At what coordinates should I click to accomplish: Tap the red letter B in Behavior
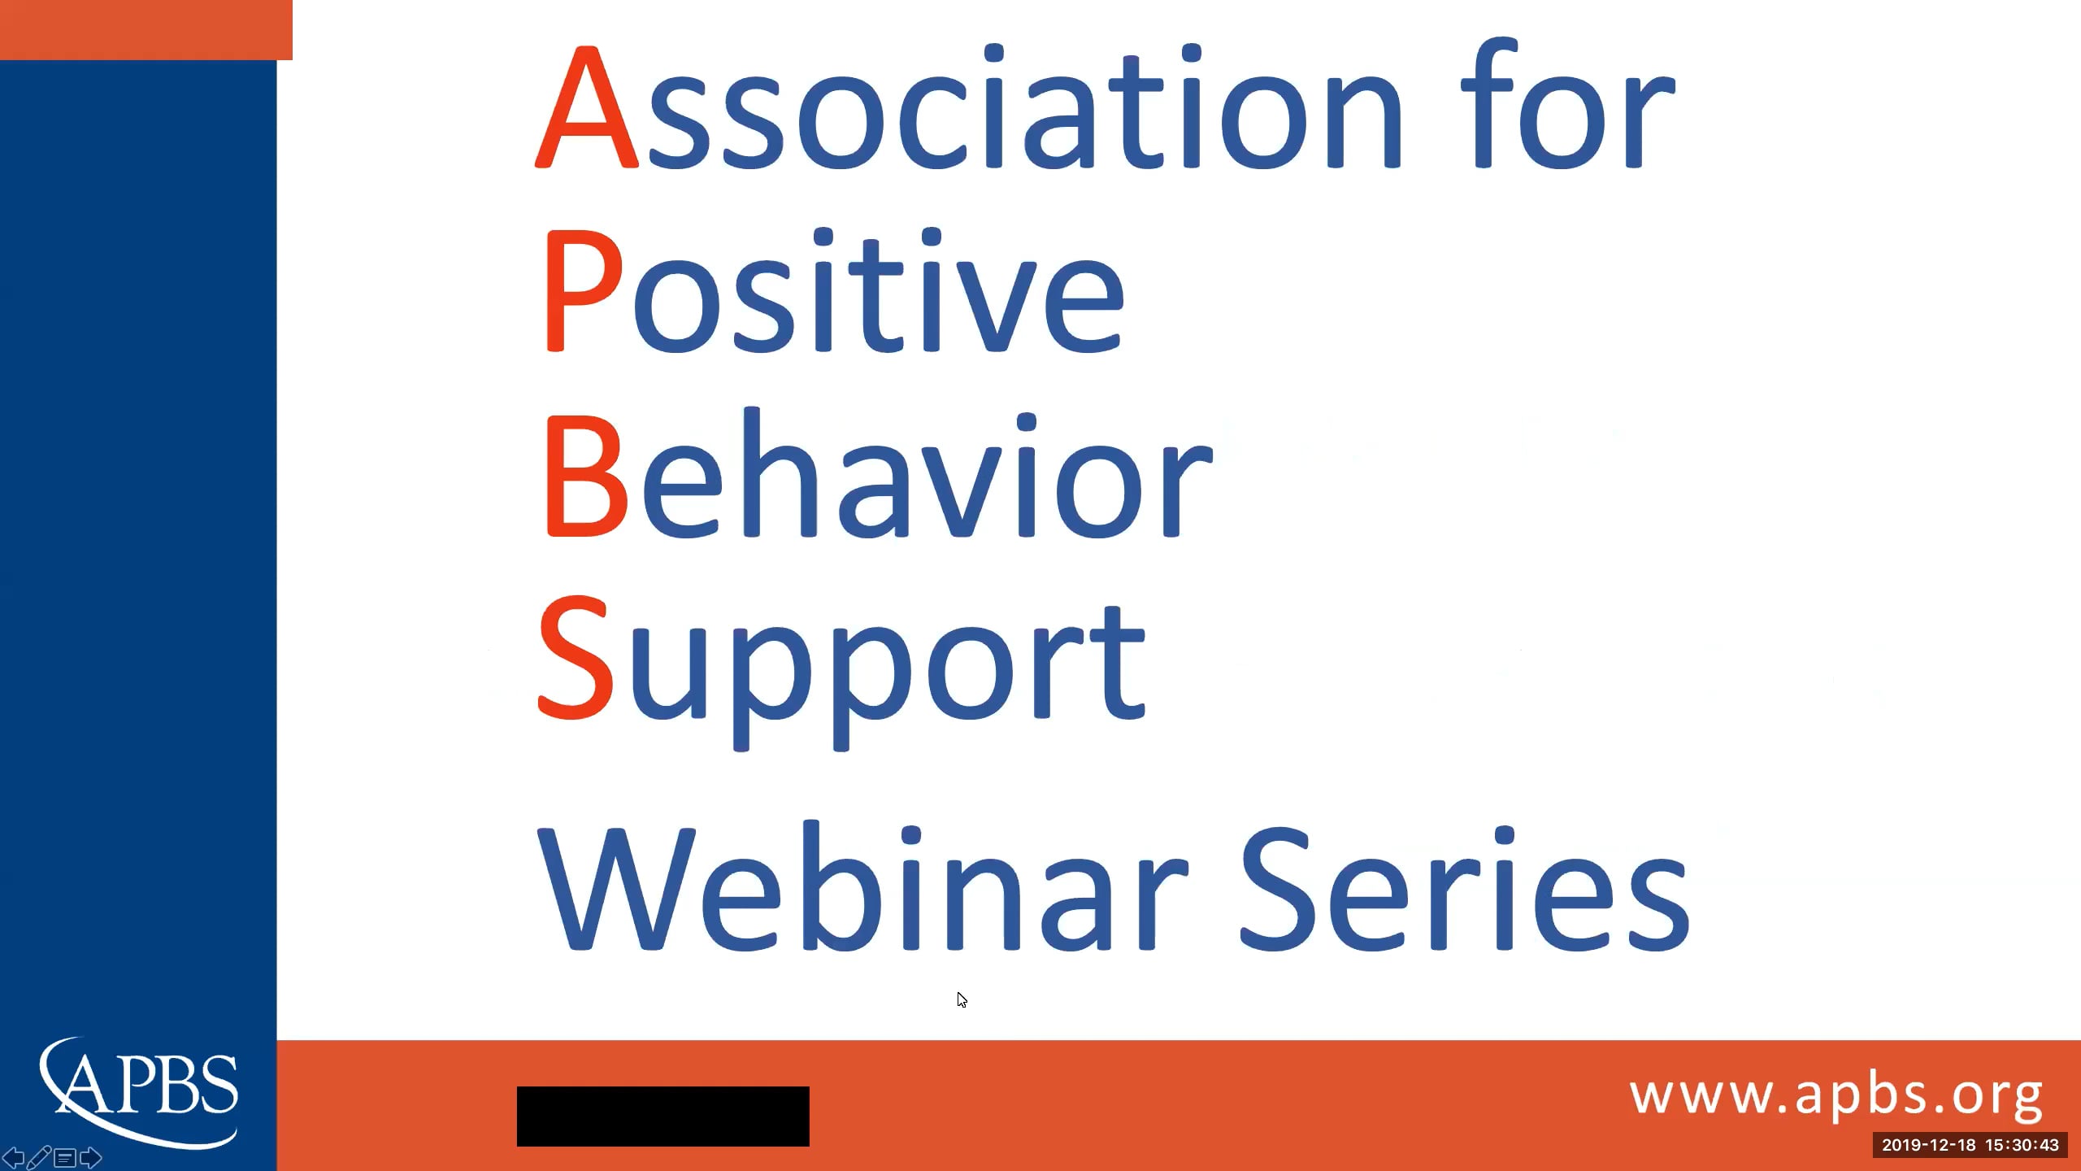(585, 476)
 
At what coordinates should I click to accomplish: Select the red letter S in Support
(576, 659)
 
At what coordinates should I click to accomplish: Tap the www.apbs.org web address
(1836, 1096)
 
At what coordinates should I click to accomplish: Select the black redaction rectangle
(663, 1116)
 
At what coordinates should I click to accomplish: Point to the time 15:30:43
(2022, 1145)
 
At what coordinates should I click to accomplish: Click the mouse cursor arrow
(962, 999)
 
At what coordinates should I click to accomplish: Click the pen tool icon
(39, 1156)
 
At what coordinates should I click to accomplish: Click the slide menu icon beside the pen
(65, 1157)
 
